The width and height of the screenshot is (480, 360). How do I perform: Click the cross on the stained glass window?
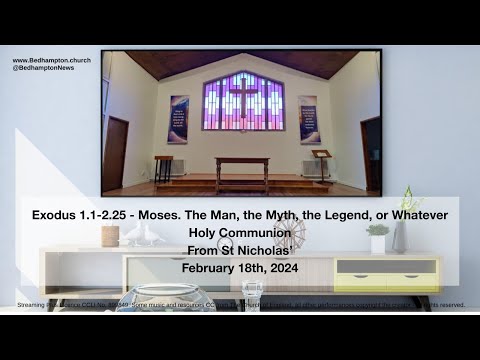pyautogui.click(x=243, y=97)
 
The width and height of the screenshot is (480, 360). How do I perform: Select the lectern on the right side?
pyautogui.click(x=322, y=158)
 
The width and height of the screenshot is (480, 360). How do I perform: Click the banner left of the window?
pyautogui.click(x=178, y=119)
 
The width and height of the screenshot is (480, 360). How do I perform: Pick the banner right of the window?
pyautogui.click(x=310, y=119)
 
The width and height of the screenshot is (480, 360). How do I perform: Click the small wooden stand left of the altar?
pyautogui.click(x=163, y=167)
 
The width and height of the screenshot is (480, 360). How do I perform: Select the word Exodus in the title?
pyautogui.click(x=51, y=217)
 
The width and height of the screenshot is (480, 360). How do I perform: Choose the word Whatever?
pyautogui.click(x=419, y=217)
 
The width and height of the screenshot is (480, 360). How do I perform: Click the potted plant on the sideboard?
pyautogui.click(x=378, y=236)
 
